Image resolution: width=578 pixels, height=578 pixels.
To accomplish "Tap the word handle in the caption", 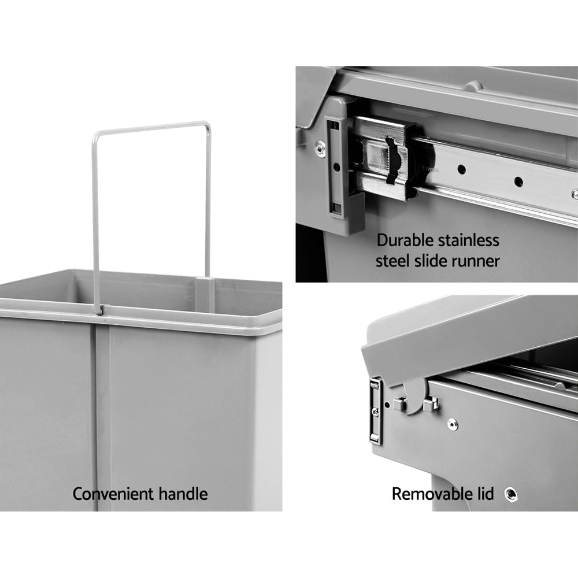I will (182, 494).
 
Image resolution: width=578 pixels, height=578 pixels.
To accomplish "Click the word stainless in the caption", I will (471, 240).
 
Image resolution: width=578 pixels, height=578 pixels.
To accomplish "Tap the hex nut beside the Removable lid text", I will (510, 494).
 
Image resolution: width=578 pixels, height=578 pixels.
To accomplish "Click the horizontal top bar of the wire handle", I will (151, 126).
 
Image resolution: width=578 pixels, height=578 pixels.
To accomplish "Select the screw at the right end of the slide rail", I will (573, 194).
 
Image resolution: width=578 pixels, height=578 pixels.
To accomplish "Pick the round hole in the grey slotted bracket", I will (335, 167).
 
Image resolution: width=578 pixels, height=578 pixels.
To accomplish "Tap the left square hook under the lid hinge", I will (398, 404).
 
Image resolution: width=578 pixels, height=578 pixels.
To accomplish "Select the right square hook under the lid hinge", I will (428, 404).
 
